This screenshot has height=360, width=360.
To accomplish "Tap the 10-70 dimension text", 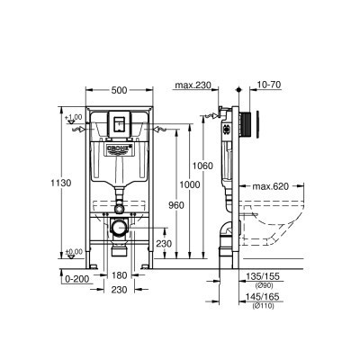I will [267, 86].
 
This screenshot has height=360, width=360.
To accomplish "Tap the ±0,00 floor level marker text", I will [72, 252].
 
